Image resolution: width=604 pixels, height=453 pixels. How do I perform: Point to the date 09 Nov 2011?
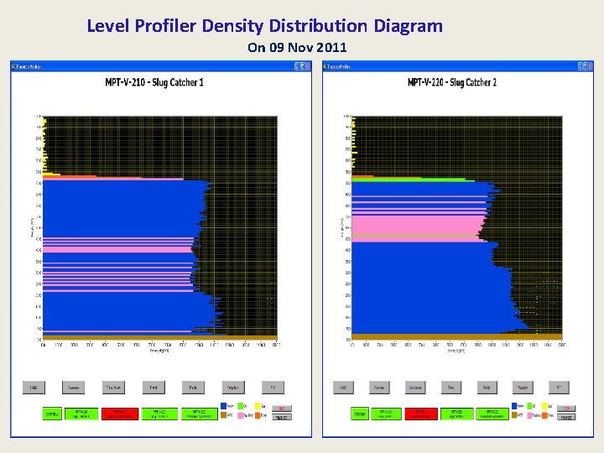pyautogui.click(x=296, y=48)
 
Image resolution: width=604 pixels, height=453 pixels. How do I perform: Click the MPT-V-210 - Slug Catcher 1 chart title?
pyautogui.click(x=154, y=82)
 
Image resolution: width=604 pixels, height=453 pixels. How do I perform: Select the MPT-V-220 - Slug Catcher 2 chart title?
pyautogui.click(x=451, y=82)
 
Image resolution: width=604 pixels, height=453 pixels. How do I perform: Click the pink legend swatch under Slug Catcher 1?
pyautogui.click(x=240, y=415)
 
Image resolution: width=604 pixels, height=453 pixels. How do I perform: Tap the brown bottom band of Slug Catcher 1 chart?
pyautogui.click(x=159, y=337)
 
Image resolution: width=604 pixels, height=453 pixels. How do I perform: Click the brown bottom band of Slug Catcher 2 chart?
pyautogui.click(x=457, y=337)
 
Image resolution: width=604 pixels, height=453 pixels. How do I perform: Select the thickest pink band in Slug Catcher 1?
pyautogui.click(x=117, y=249)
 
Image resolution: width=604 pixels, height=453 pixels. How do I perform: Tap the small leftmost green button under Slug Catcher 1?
pyautogui.click(x=52, y=414)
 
